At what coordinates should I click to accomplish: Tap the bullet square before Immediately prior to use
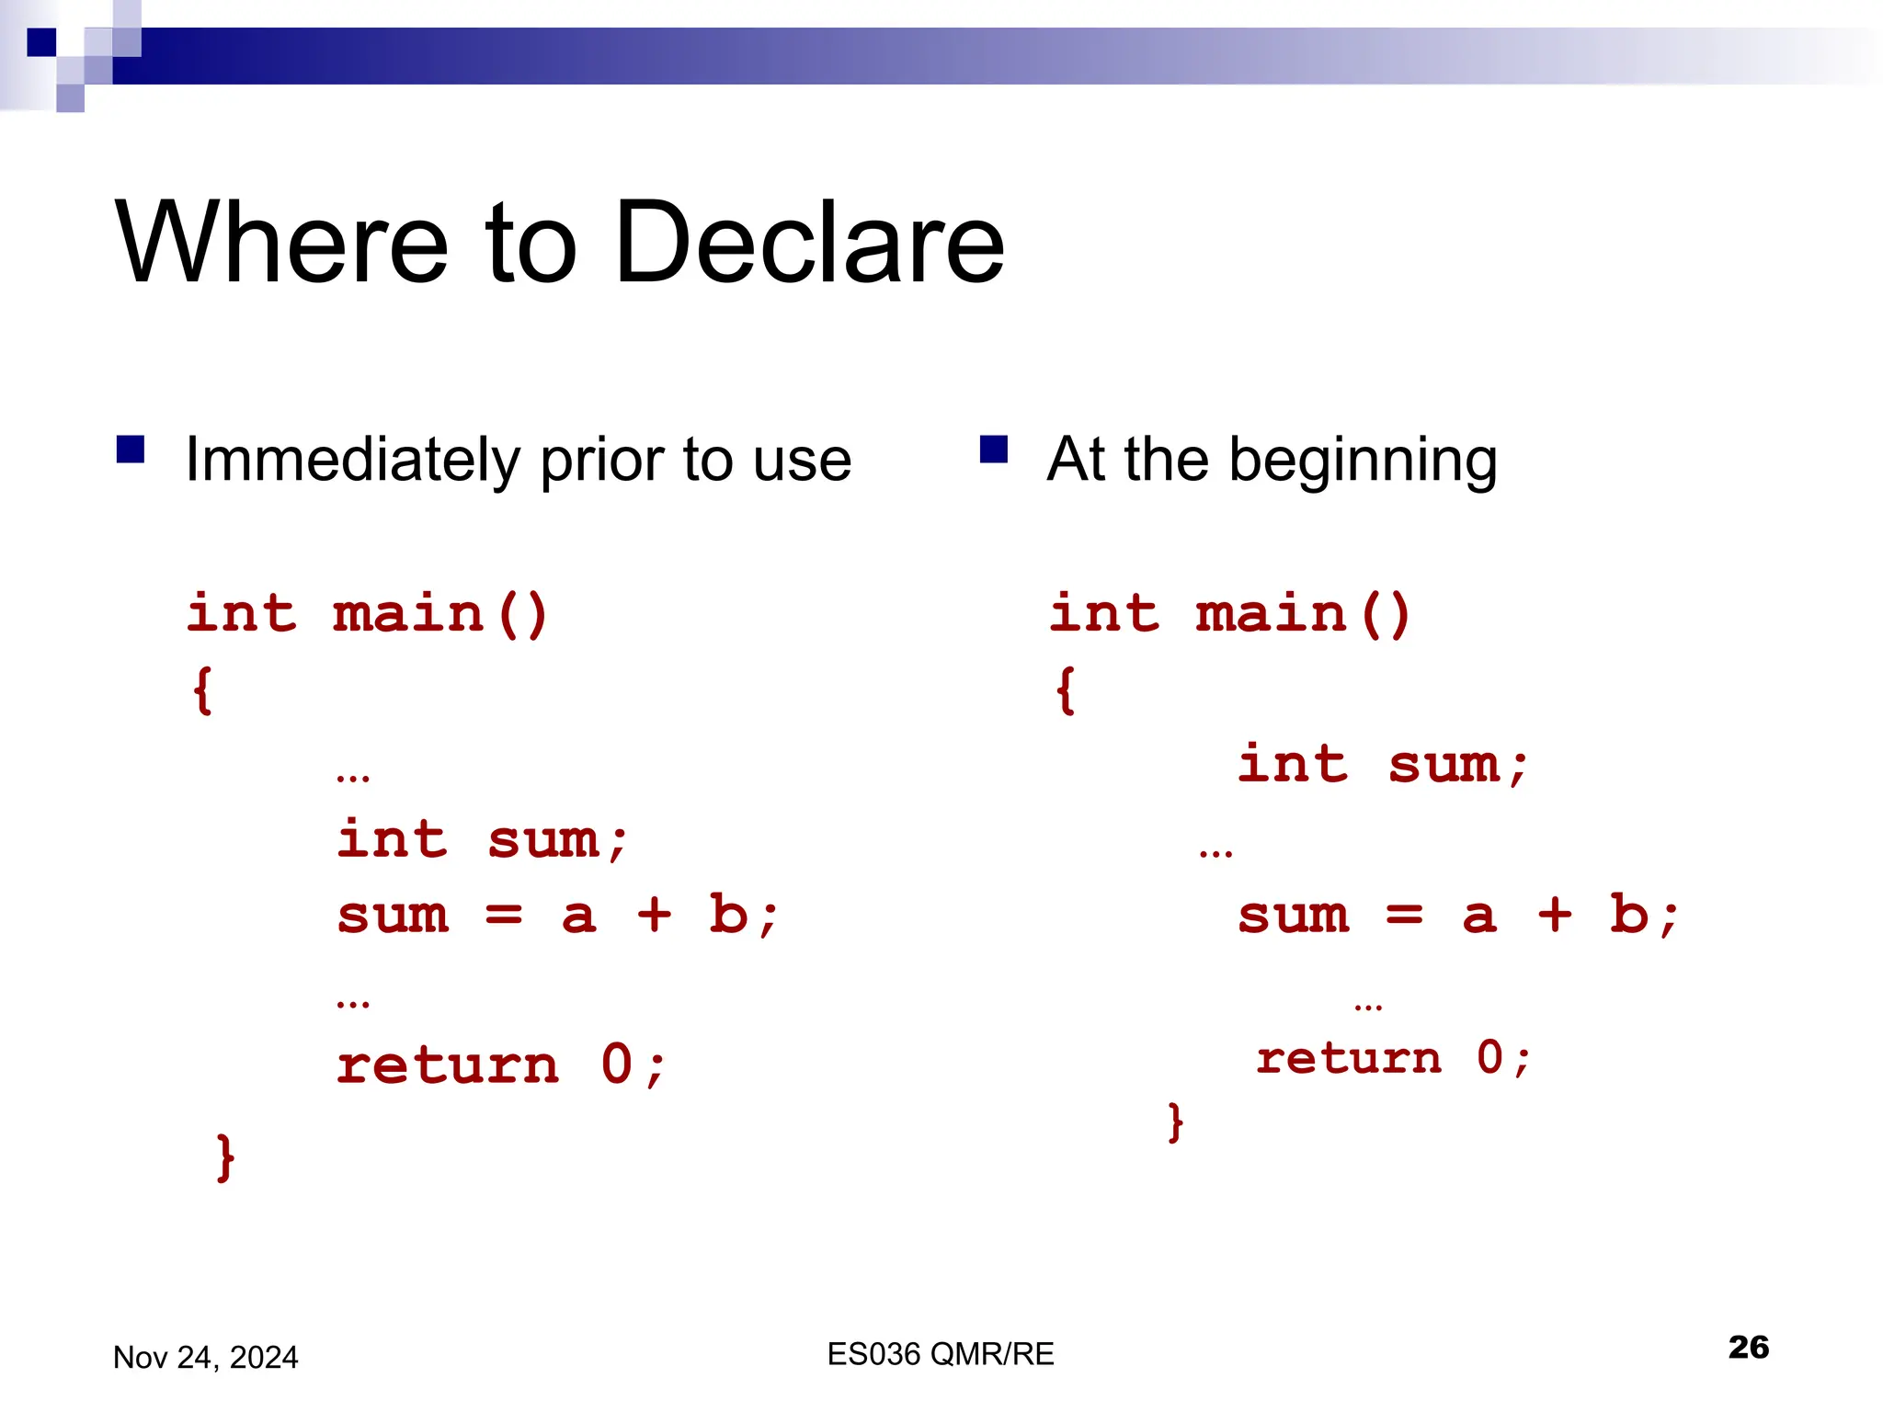click(131, 450)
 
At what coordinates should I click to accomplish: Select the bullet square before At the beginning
click(994, 450)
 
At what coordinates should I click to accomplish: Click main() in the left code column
click(440, 614)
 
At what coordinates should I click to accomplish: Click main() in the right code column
click(1303, 614)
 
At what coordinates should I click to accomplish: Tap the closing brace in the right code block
click(1175, 1122)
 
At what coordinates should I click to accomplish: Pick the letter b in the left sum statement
click(728, 914)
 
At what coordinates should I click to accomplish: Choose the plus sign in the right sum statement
click(1555, 914)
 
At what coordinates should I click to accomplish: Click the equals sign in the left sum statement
click(504, 916)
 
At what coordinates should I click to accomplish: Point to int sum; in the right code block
click(1383, 765)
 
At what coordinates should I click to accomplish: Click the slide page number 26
click(1748, 1347)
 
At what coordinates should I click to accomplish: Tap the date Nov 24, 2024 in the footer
click(205, 1358)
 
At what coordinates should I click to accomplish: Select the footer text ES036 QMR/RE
click(940, 1354)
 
